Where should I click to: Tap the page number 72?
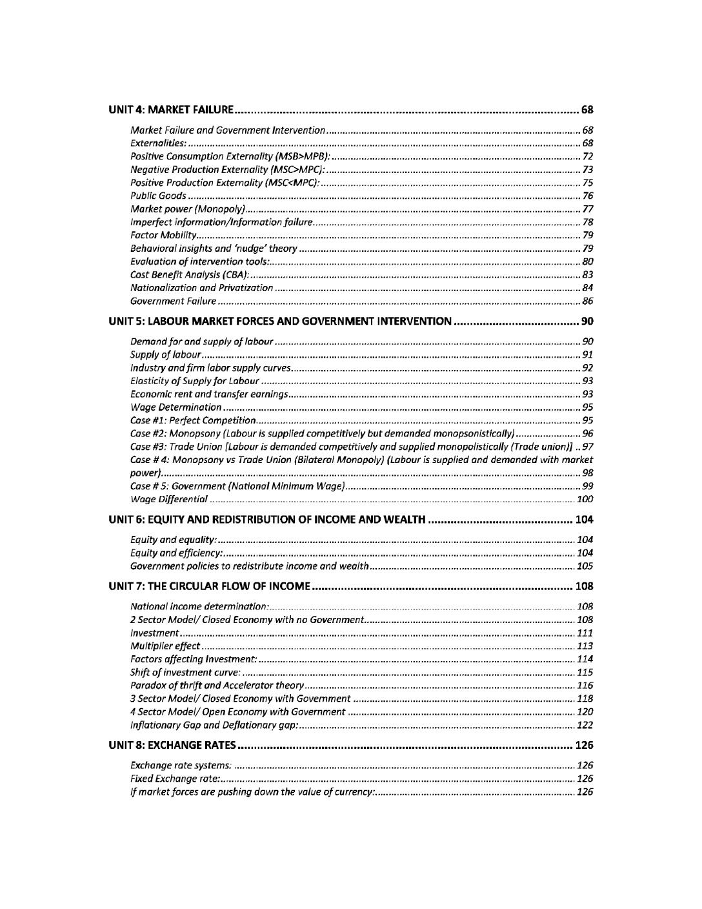[x=587, y=156]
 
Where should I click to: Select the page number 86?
[x=587, y=301]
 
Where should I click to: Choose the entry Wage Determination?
[x=176, y=407]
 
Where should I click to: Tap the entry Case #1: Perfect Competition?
[x=185, y=420]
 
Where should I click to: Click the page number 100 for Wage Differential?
[x=585, y=499]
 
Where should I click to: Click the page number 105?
[x=585, y=566]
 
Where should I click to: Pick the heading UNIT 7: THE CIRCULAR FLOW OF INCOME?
[x=210, y=586]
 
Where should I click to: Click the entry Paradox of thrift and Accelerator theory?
[x=217, y=685]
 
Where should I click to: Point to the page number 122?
[x=585, y=725]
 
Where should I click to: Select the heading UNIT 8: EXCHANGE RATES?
[x=172, y=745]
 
